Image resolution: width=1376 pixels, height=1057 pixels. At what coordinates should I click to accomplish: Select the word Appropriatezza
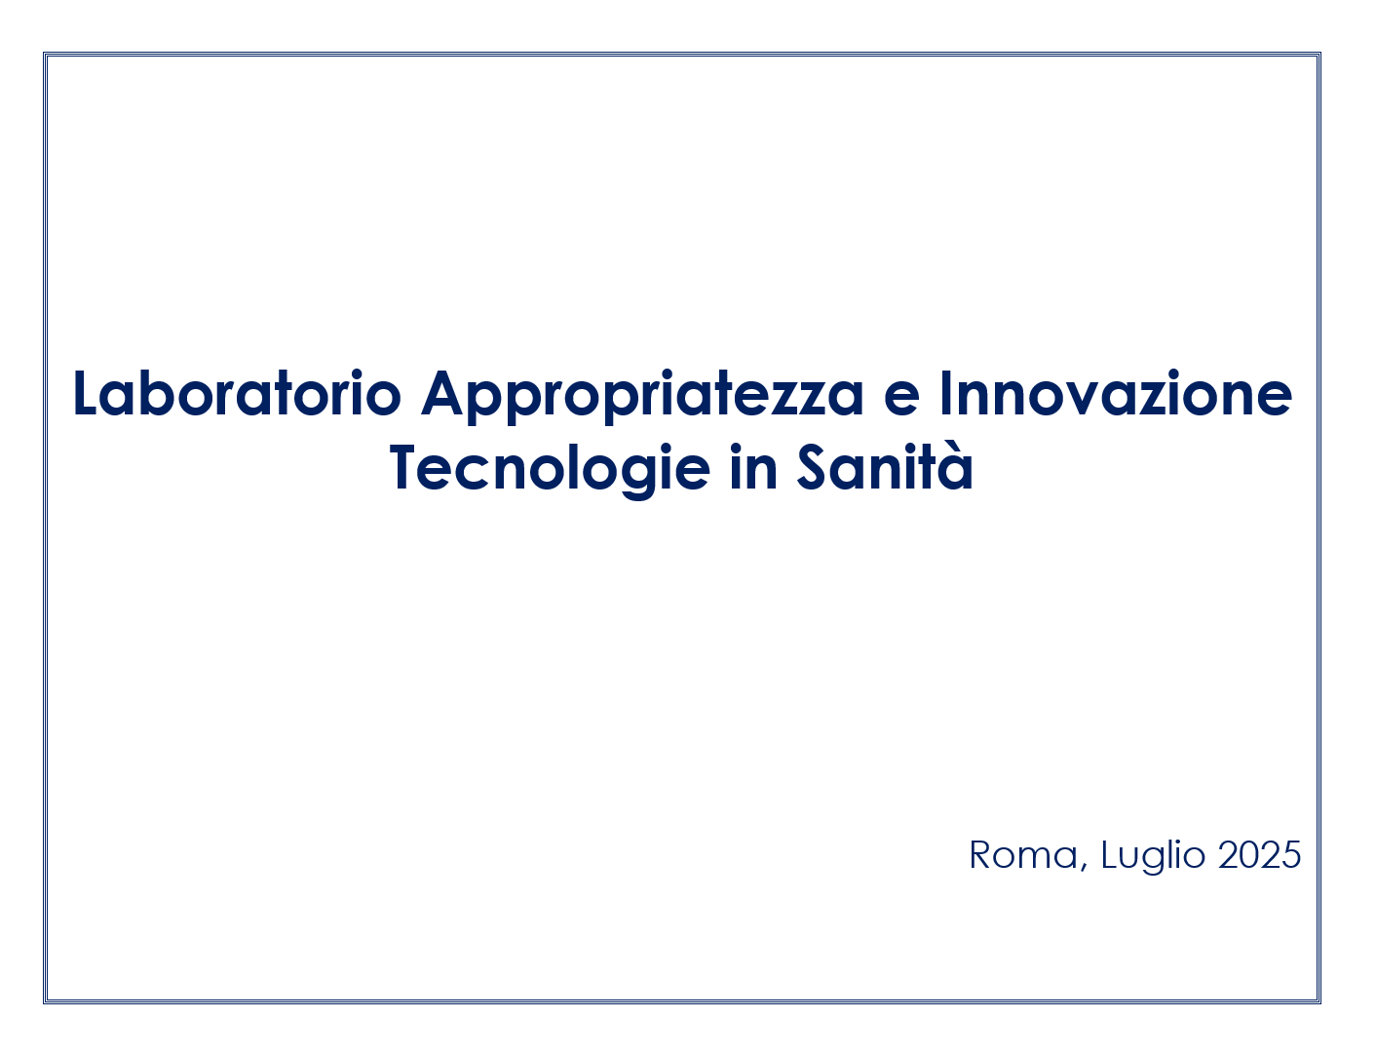643,397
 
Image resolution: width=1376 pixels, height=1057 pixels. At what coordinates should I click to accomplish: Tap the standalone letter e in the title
901,401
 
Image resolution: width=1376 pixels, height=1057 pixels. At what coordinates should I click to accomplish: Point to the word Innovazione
1116,393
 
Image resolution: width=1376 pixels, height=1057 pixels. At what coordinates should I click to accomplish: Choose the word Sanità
885,466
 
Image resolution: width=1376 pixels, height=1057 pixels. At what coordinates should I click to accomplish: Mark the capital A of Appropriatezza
442,393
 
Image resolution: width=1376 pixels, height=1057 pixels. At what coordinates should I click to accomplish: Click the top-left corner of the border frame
45,54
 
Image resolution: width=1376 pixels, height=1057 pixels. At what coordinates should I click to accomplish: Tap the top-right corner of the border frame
1319,54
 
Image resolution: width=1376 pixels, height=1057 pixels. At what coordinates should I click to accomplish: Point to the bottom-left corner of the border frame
45,1001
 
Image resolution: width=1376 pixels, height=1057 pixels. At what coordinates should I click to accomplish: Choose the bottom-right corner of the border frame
1319,1001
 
